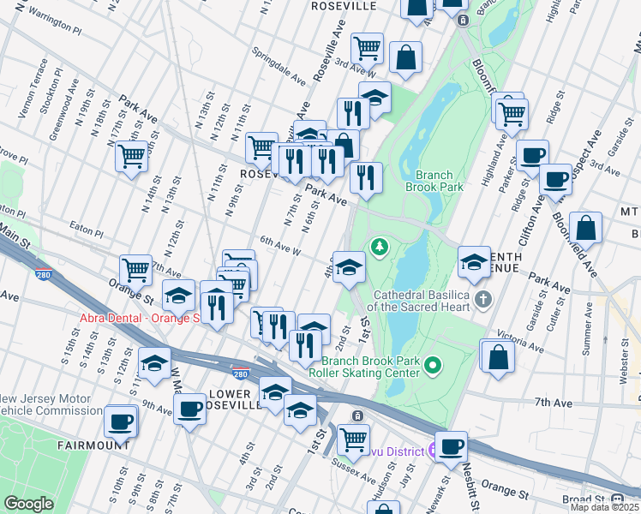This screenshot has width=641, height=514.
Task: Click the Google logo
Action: click(x=28, y=504)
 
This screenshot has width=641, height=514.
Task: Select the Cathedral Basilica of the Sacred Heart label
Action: click(x=419, y=299)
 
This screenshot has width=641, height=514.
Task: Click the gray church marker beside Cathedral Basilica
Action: click(x=483, y=299)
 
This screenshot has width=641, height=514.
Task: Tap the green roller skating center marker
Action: click(x=433, y=367)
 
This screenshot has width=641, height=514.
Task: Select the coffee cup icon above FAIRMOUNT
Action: click(x=121, y=421)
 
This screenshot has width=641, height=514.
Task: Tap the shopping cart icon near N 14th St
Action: click(x=131, y=157)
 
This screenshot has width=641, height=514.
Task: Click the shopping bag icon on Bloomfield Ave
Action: click(x=586, y=229)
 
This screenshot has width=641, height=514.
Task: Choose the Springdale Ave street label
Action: click(x=279, y=66)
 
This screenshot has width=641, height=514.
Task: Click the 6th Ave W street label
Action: click(x=280, y=247)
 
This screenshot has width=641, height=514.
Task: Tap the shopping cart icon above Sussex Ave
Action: click(x=353, y=439)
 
